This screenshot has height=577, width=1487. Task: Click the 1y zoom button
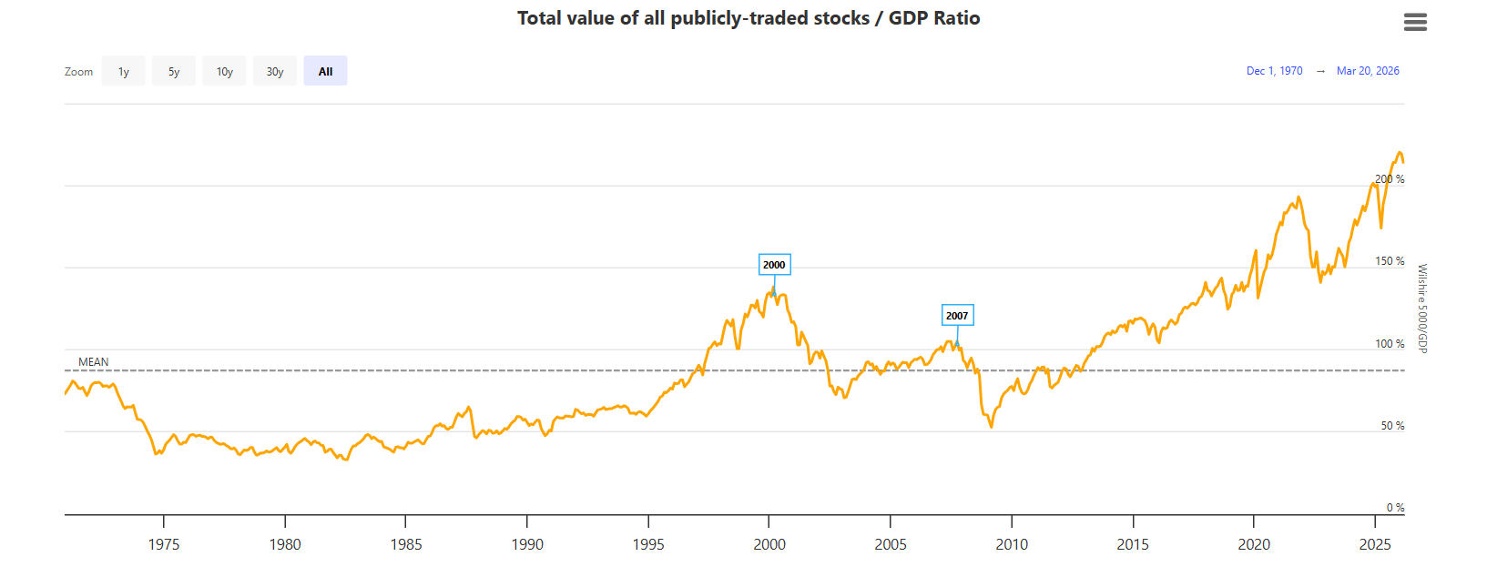click(124, 71)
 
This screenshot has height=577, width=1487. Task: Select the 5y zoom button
click(174, 71)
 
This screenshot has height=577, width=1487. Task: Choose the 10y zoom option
click(225, 71)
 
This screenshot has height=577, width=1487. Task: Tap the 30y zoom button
click(275, 71)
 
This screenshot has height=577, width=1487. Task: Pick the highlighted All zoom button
click(325, 71)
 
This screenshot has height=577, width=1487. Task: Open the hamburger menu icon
click(1415, 22)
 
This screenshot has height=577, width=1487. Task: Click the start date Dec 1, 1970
click(1274, 71)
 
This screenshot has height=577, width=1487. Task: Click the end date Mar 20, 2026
click(1368, 71)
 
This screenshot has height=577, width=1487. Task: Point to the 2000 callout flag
click(774, 265)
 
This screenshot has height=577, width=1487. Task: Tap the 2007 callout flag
click(957, 316)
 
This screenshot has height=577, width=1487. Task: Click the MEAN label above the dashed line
click(94, 362)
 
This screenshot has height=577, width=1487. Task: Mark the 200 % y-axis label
click(1390, 179)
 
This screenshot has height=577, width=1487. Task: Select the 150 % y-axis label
click(1390, 261)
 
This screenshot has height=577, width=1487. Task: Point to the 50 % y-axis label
click(1392, 426)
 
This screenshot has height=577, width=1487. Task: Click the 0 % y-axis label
click(1395, 508)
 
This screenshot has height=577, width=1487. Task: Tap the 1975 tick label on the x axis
click(164, 544)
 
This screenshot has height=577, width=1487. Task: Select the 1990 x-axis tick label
click(527, 544)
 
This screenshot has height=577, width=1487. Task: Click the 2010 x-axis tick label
click(1012, 544)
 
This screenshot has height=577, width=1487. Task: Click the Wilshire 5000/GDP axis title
click(1422, 309)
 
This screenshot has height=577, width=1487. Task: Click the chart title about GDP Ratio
click(749, 18)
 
